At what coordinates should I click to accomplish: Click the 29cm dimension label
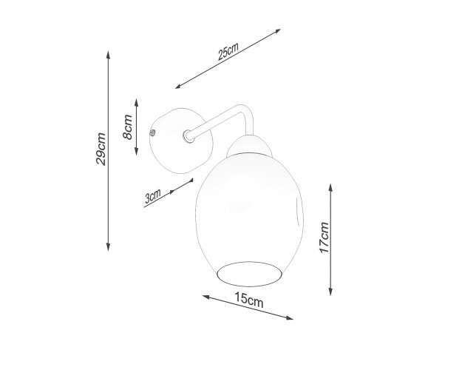coord(101,149)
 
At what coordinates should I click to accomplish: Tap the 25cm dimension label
coord(228,52)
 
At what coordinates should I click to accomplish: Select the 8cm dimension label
coord(128,127)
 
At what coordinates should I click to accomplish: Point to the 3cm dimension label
coord(153,196)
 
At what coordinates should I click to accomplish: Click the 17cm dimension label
coord(324,238)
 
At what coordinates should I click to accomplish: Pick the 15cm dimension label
coord(249,300)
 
